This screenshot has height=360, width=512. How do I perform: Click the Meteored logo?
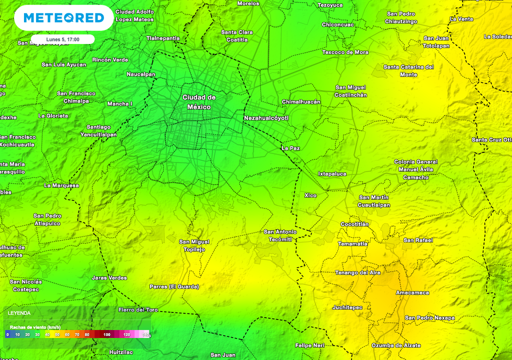63,18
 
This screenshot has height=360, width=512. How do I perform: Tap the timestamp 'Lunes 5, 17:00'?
62,39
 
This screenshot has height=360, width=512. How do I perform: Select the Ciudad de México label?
199,102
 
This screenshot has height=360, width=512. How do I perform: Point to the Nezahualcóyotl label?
266,118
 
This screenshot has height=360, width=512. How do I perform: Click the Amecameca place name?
412,292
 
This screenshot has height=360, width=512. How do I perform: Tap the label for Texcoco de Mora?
345,52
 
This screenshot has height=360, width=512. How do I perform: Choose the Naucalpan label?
141,74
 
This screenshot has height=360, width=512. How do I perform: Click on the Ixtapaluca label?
332,174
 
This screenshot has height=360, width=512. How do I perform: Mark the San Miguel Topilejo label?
194,245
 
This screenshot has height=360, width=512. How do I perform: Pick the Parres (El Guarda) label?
174,286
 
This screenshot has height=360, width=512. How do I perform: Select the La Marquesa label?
61,185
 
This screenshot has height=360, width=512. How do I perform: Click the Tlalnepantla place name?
163,38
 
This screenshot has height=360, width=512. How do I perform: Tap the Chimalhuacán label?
301,101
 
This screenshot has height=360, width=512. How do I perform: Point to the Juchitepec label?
347,307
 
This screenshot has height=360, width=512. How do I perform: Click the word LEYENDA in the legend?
19,313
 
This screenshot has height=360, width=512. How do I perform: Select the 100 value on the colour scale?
106,334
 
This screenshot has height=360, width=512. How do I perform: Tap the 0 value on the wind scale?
7,334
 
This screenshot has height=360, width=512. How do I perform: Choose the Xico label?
310,195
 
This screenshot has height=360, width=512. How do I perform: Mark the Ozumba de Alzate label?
396,345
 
